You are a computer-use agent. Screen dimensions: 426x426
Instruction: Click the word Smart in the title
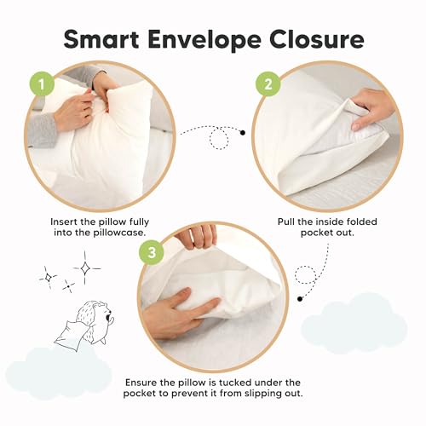click(x=106, y=39)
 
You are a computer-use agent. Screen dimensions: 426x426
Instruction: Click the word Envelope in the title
click(x=211, y=39)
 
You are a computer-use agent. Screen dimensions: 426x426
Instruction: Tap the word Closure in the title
click(x=316, y=39)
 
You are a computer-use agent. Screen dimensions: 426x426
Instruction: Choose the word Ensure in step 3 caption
click(x=146, y=383)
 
